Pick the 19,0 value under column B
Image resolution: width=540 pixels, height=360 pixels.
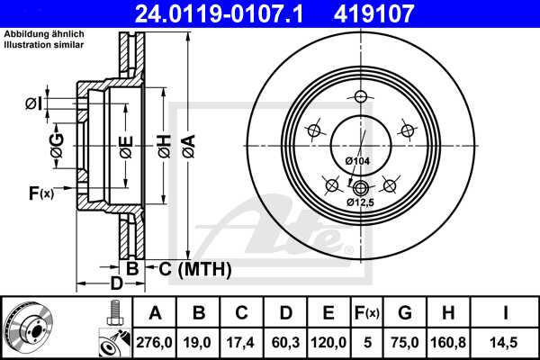[x=199, y=343]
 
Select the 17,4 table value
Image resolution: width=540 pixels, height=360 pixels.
[x=242, y=343]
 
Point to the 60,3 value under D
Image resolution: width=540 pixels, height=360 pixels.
[x=285, y=343]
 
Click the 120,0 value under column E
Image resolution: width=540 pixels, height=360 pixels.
[x=328, y=343]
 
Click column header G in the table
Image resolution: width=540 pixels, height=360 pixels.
[x=404, y=313]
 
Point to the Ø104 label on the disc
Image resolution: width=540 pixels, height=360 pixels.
[x=358, y=160]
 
